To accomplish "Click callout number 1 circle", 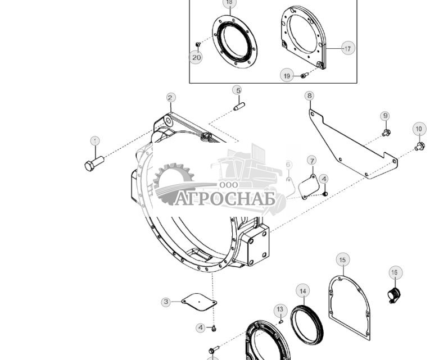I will [x=95, y=141].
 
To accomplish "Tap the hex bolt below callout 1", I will [x=93, y=164].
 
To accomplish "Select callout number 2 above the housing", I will [x=170, y=98].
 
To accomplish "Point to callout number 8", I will [x=309, y=95].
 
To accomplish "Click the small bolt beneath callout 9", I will [x=386, y=133].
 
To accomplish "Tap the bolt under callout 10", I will [x=419, y=147].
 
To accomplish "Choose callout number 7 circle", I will [x=312, y=161].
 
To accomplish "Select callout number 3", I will [x=166, y=302].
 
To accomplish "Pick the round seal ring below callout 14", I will [x=307, y=324].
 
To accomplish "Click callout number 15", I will [x=343, y=259].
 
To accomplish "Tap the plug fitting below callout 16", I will [x=394, y=293].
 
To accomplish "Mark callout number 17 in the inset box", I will [x=348, y=48].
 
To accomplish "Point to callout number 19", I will [x=287, y=76].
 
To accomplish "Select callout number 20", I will [x=196, y=57].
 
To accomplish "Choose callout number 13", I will [x=280, y=309].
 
